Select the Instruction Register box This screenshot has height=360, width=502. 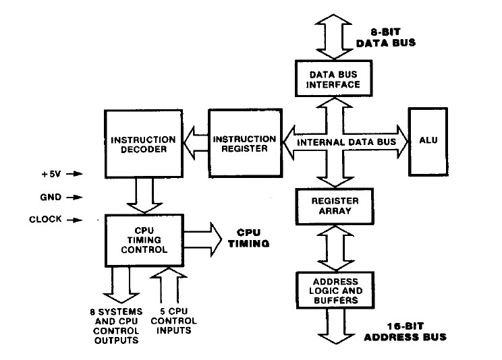[242, 144]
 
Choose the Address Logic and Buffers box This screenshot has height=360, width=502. [331, 289]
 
